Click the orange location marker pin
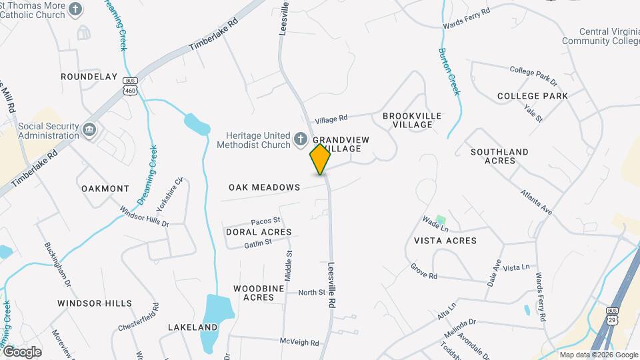pyautogui.click(x=321, y=159)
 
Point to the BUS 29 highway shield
pyautogui.click(x=612, y=315)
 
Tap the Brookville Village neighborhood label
pyautogui.click(x=412, y=120)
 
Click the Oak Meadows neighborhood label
pyautogui.click(x=264, y=187)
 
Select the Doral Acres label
pyautogui.click(x=259, y=232)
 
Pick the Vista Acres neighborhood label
pyautogui.click(x=445, y=241)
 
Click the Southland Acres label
pyautogui.click(x=499, y=156)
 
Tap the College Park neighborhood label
pyautogui.click(x=533, y=96)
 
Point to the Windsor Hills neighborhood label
pyautogui.click(x=95, y=303)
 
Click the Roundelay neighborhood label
pyautogui.click(x=89, y=77)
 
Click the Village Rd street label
pyautogui.click(x=331, y=119)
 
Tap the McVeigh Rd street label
pyautogui.click(x=299, y=342)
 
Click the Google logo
pyautogui.click(x=21, y=352)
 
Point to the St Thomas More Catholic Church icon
pyautogui.click(x=76, y=9)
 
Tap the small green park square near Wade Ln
pyautogui.click(x=440, y=219)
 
